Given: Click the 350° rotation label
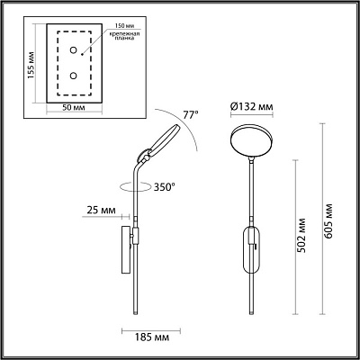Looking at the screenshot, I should (x=163, y=187).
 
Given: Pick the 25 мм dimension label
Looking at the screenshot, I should (x=102, y=211).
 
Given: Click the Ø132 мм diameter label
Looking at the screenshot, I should (x=253, y=106).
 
